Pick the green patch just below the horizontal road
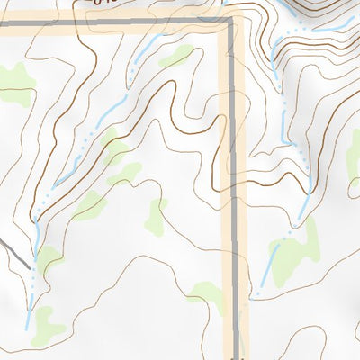pos(176,56)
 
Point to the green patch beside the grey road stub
pos(47,258)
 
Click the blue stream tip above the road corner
pos(224,7)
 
